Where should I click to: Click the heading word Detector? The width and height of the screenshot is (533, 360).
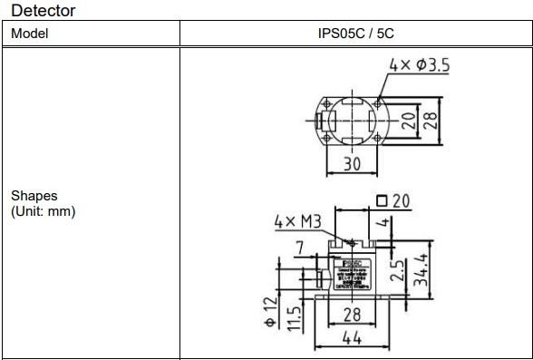(x=44, y=11)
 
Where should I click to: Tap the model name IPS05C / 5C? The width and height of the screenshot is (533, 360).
(x=355, y=34)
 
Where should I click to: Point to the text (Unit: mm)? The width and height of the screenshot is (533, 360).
(x=44, y=210)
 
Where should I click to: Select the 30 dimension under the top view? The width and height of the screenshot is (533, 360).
(x=349, y=163)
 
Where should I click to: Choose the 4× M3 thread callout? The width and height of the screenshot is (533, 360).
(x=298, y=221)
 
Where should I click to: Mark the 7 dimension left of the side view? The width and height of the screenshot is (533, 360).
(x=300, y=247)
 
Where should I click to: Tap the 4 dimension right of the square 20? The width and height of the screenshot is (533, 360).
(x=384, y=223)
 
